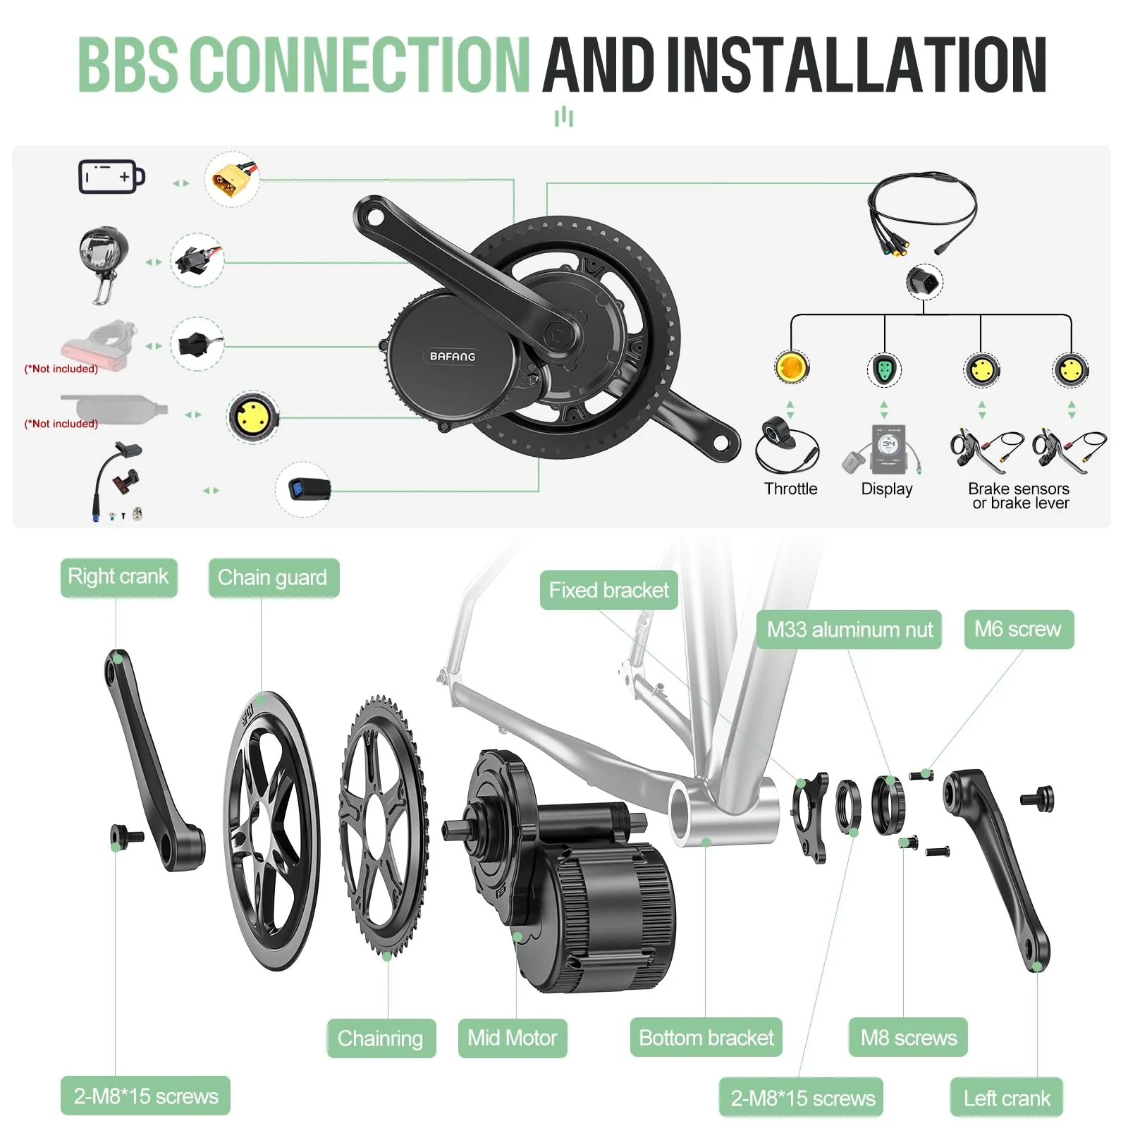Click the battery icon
point(111,176)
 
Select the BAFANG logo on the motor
point(453,356)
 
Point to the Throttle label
point(790,489)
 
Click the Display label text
point(887,489)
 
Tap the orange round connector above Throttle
point(791,367)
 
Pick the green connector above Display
point(884,369)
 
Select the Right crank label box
point(118,577)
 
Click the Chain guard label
point(273,578)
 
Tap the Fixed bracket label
point(609,590)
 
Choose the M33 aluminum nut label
point(850,629)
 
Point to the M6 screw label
point(1018,629)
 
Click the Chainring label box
point(381,1038)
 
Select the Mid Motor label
point(513,1038)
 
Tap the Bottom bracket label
point(706,1038)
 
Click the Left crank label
point(1007,1098)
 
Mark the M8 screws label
point(909,1038)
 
